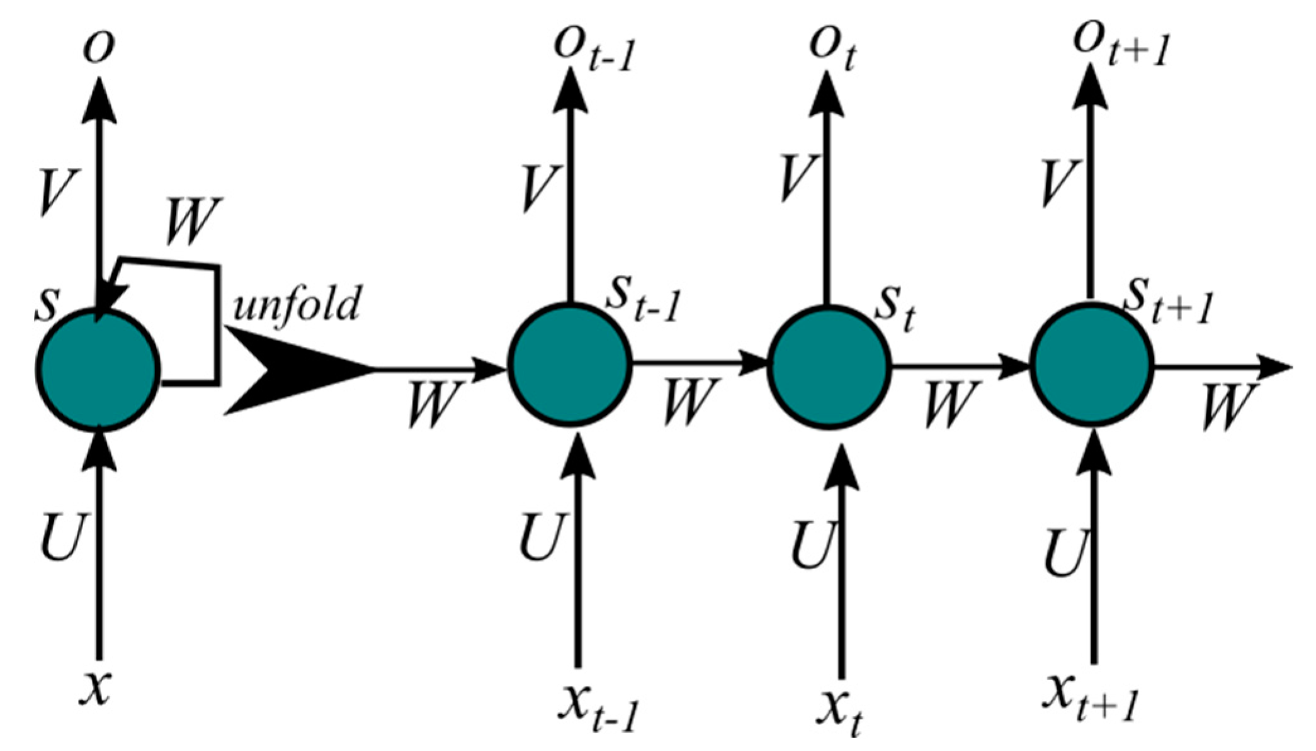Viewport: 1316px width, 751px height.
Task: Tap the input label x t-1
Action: [x=598, y=708]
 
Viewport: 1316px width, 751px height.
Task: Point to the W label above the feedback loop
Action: [x=192, y=222]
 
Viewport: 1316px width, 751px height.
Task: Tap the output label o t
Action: [x=831, y=49]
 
